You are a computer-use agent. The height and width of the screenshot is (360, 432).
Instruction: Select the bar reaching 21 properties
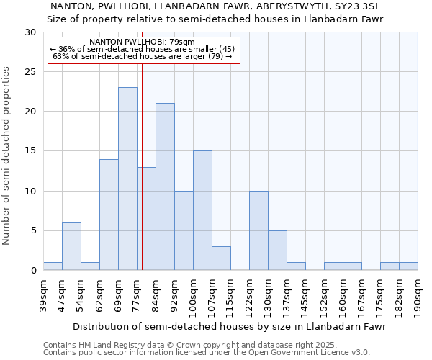point(165,186)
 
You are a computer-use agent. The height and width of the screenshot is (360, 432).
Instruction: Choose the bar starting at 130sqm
point(277,250)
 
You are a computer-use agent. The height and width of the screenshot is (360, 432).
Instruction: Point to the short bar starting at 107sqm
point(221,258)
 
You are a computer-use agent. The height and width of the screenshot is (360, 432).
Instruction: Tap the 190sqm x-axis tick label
point(418,294)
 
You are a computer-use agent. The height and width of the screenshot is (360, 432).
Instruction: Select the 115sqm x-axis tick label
point(231,294)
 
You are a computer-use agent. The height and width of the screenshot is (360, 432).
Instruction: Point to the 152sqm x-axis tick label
point(325,294)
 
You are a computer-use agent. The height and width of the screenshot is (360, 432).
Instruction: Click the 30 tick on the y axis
point(30,32)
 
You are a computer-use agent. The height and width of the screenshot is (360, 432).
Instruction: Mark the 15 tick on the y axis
point(30,151)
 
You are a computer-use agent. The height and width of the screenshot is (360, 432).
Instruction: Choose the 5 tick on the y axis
point(33,230)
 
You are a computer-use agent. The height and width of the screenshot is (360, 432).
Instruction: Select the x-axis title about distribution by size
point(230,326)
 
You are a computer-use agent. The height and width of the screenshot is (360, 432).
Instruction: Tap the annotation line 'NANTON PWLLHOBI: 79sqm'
point(142,42)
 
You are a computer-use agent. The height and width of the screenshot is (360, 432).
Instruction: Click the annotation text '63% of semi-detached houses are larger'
point(142,56)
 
